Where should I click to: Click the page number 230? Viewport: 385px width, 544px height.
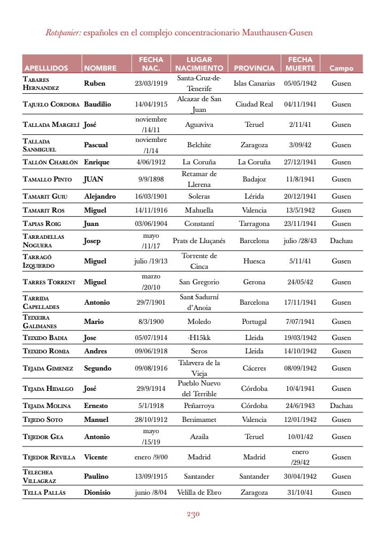[193, 515]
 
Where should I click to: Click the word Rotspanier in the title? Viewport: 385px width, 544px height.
[63, 33]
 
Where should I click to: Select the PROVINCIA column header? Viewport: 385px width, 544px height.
[254, 69]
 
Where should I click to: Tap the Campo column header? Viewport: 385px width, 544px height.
[341, 69]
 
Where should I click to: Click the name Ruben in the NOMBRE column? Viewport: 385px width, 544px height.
[95, 83]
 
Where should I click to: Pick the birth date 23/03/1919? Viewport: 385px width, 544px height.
[151, 83]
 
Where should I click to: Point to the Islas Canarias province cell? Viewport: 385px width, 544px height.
[254, 83]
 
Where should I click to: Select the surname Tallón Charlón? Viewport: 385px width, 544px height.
[50, 162]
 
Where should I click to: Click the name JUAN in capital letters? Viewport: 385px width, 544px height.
[94, 179]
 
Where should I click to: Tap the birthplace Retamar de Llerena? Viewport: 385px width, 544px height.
[199, 179]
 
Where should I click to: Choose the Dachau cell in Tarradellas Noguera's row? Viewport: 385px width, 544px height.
[341, 241]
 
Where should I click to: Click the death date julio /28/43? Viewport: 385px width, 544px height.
[300, 241]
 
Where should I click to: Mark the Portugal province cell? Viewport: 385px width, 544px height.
[254, 322]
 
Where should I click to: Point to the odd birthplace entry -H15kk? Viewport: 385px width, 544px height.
[199, 338]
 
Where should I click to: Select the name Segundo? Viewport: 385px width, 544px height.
[98, 368]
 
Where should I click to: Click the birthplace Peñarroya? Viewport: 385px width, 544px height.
[199, 406]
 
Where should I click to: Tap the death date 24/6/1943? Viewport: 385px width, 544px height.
[300, 406]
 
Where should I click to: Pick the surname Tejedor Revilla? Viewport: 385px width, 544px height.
[49, 457]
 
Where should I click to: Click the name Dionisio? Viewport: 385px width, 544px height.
[97, 493]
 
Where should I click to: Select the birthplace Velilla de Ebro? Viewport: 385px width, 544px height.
[199, 493]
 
